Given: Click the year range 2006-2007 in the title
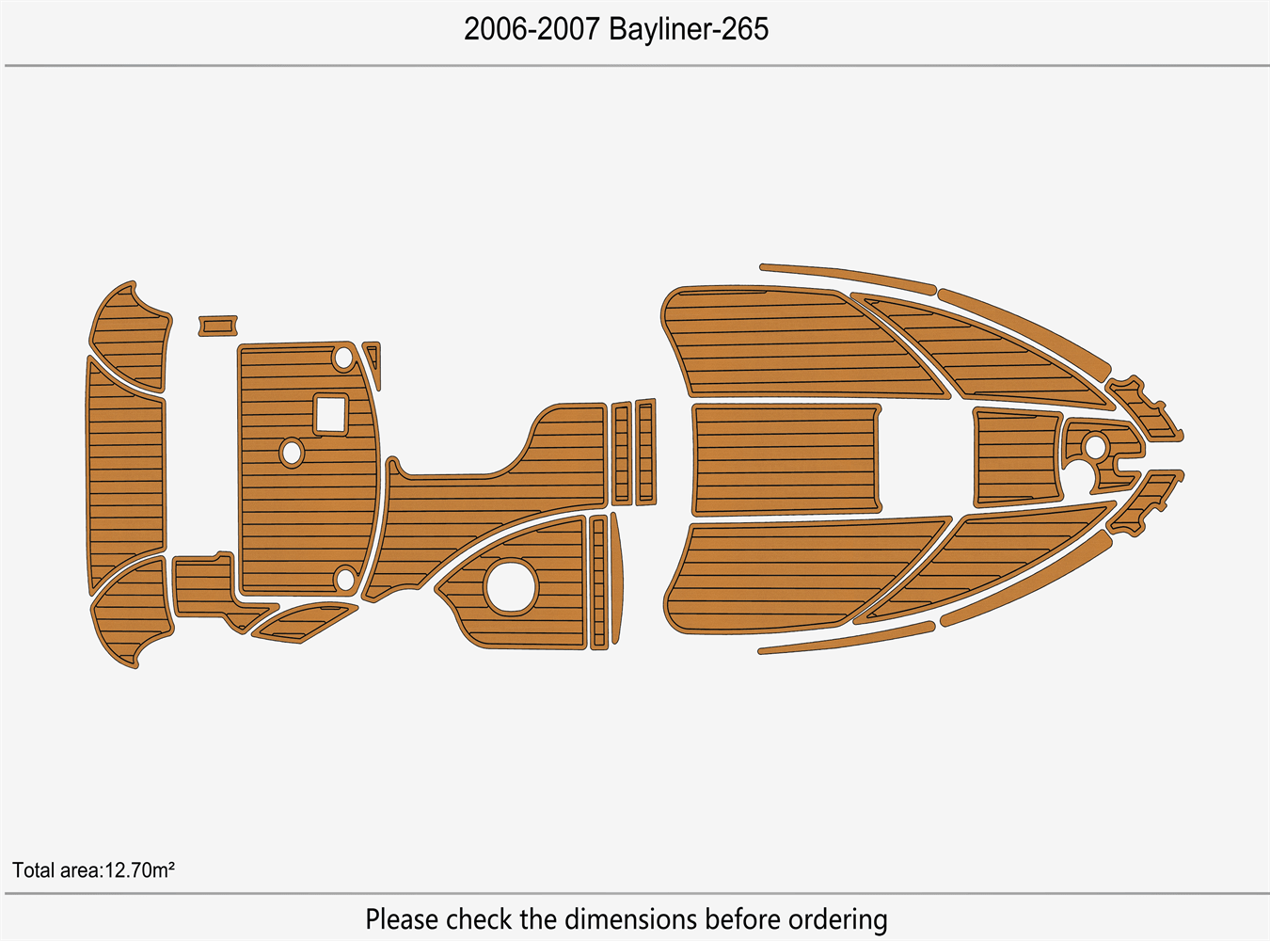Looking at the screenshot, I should pyautogui.click(x=532, y=29).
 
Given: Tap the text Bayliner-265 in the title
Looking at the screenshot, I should pyautogui.click(x=689, y=29).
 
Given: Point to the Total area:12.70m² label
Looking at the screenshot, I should pyautogui.click(x=93, y=869).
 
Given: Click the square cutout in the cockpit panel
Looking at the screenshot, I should pyautogui.click(x=330, y=414).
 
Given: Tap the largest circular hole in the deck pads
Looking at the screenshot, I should pyautogui.click(x=511, y=585).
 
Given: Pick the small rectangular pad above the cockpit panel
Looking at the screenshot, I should pyautogui.click(x=217, y=326).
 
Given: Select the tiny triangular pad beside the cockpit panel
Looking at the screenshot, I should pyautogui.click(x=373, y=359).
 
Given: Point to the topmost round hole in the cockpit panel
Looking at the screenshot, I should pyautogui.click(x=344, y=358).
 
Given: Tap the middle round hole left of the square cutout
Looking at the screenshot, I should pyautogui.click(x=292, y=453).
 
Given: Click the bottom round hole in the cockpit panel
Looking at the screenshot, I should pyautogui.click(x=345, y=579).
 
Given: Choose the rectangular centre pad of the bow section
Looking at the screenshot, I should pyautogui.click(x=786, y=459).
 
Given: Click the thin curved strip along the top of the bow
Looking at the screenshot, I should pyautogui.click(x=847, y=275).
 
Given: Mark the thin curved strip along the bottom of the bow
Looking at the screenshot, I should pyautogui.click(x=847, y=639).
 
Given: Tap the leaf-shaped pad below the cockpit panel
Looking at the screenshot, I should pyautogui.click(x=303, y=623).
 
